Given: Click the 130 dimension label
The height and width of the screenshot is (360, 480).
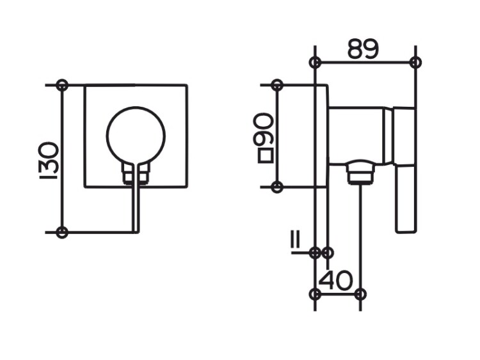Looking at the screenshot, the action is click(49, 160).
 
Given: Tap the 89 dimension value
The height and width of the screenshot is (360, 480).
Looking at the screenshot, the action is click(364, 49).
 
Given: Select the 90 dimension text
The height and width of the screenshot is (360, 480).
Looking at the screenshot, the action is click(262, 129).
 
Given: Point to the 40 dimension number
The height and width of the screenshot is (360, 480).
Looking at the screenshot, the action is click(336, 280).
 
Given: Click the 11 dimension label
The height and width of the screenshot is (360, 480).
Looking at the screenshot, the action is click(296, 240).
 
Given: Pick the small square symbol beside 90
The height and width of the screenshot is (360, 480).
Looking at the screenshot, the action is click(266, 155).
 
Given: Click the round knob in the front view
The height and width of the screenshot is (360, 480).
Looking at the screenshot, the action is click(136, 136).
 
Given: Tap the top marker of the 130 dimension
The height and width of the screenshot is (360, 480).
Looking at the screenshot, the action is click(62, 85).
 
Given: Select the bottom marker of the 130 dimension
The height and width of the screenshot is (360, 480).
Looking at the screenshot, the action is click(62, 233).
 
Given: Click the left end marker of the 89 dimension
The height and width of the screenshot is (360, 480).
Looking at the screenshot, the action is click(315, 63).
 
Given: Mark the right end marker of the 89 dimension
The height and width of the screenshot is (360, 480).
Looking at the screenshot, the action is click(415, 63).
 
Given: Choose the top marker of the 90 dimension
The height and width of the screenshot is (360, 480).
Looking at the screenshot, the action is click(277, 85).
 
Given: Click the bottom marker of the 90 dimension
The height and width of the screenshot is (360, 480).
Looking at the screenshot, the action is click(277, 187).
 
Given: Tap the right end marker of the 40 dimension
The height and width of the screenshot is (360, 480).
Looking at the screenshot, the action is click(360, 294).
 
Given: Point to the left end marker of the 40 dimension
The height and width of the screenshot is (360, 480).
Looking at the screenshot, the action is click(315, 294).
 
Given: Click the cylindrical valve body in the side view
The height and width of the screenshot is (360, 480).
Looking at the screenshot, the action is click(356, 136).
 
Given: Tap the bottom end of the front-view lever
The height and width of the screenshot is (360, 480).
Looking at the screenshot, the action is click(136, 232).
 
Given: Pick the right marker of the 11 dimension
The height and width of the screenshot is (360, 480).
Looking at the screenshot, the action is click(328, 253).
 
